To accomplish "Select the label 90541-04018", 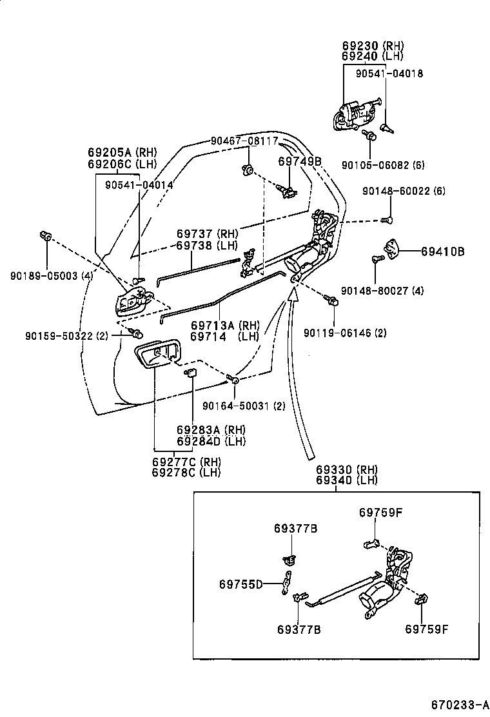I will (x=389, y=74).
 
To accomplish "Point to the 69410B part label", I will (x=443, y=251).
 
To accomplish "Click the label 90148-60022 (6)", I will (x=404, y=191).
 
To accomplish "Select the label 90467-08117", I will (x=244, y=141).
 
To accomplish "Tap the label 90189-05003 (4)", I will (x=52, y=275).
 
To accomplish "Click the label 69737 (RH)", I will (x=208, y=233).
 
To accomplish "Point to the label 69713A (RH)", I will (x=224, y=326).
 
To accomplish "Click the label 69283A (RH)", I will (x=211, y=430).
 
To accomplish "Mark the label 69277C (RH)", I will (x=186, y=462).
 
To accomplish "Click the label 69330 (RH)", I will (x=346, y=469).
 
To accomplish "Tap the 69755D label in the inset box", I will (x=240, y=584).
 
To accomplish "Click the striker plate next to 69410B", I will (x=392, y=247).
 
